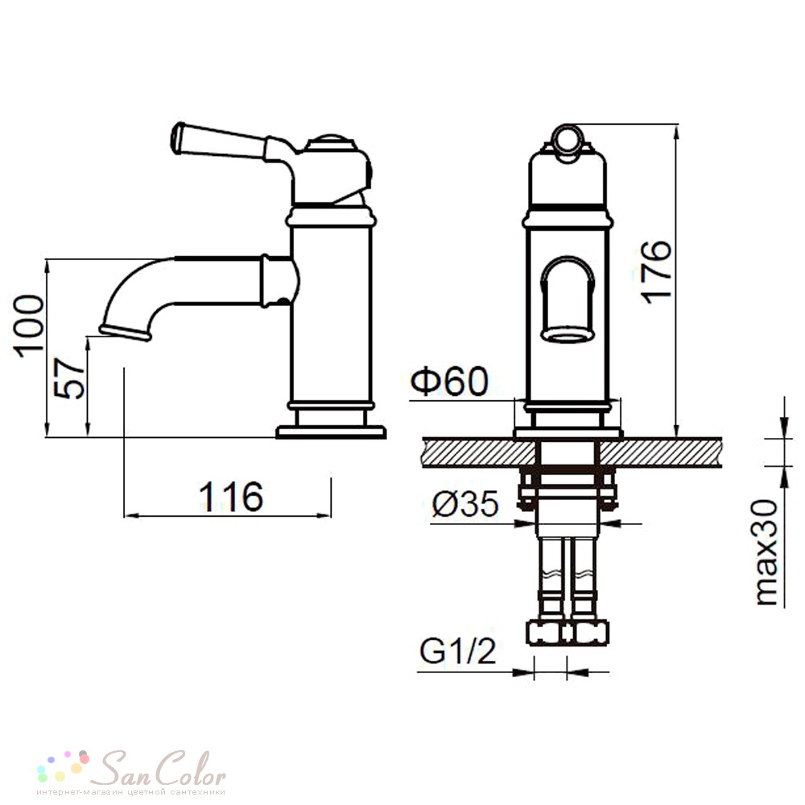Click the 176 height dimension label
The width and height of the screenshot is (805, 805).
[657, 271]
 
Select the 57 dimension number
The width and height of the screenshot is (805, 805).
[69, 379]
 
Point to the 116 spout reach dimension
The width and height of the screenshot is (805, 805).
[232, 497]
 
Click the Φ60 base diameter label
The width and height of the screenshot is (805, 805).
[450, 382]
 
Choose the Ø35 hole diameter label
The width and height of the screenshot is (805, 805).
[465, 504]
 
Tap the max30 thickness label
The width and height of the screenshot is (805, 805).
[767, 552]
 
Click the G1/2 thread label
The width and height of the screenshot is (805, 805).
[458, 651]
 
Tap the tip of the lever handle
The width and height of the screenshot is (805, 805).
[177, 138]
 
